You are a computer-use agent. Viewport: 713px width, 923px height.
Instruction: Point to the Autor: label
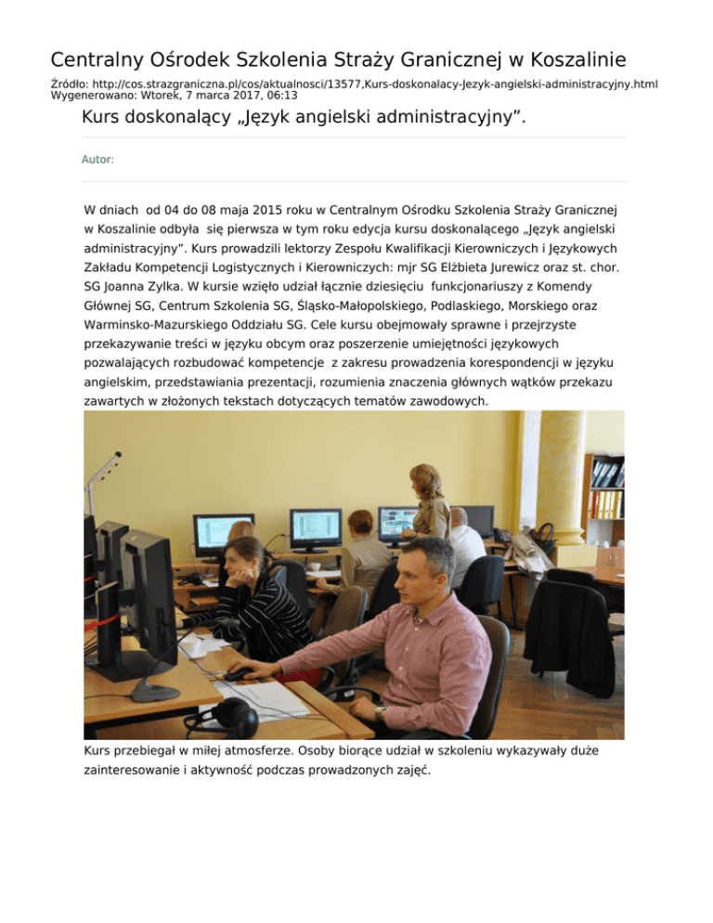(98, 160)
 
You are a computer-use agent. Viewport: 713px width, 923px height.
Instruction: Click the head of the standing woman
(427, 481)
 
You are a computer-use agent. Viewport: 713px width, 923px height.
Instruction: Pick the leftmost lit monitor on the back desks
(223, 535)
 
